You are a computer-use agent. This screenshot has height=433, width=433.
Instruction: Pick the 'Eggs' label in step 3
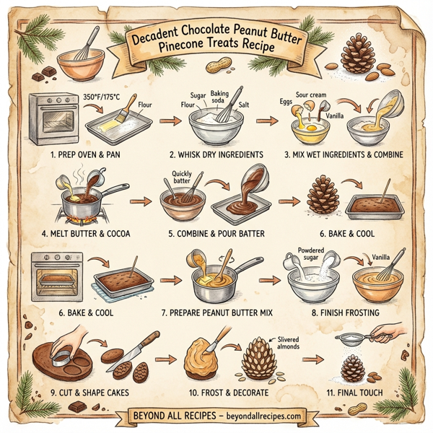pyautogui.click(x=286, y=102)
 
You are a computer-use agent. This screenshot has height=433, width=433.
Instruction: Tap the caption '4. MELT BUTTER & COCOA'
pyautogui.click(x=86, y=233)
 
